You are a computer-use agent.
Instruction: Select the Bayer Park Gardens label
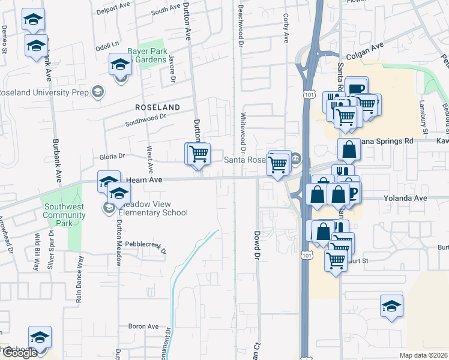[146, 56]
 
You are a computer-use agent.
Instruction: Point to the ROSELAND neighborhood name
[157, 107]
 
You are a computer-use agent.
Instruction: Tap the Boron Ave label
[143, 326]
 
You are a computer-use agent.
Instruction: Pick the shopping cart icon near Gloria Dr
[199, 153]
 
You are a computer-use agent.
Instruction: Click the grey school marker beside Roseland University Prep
[97, 92]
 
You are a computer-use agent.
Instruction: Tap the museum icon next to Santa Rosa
[296, 159]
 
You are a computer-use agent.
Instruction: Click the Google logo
[19, 353]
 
